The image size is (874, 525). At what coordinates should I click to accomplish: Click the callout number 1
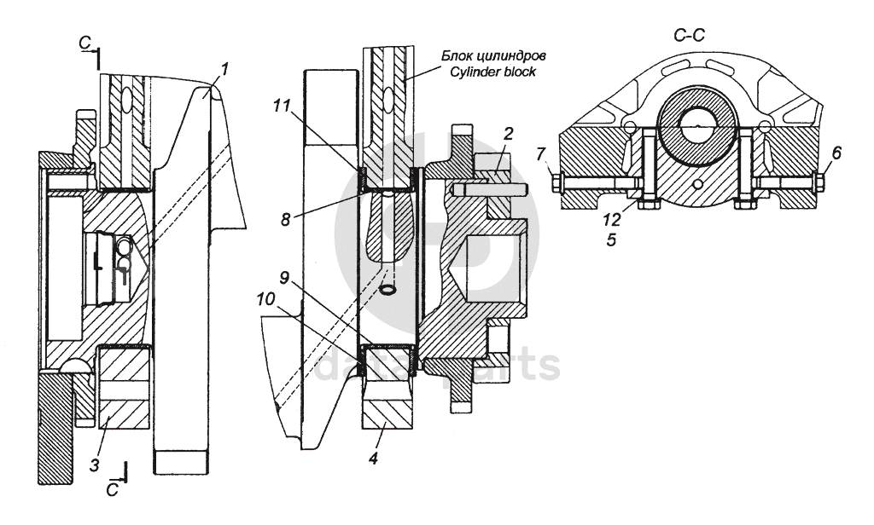224,70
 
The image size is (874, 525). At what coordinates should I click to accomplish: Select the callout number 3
95,464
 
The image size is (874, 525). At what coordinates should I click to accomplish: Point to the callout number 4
374,459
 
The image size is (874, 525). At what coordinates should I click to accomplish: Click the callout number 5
611,240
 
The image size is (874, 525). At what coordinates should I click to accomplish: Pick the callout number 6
836,153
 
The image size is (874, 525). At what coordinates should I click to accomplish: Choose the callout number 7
541,153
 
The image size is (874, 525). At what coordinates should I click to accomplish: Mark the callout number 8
285,219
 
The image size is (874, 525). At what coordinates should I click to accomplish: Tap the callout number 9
284,277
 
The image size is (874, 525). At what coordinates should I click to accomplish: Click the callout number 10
266,299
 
